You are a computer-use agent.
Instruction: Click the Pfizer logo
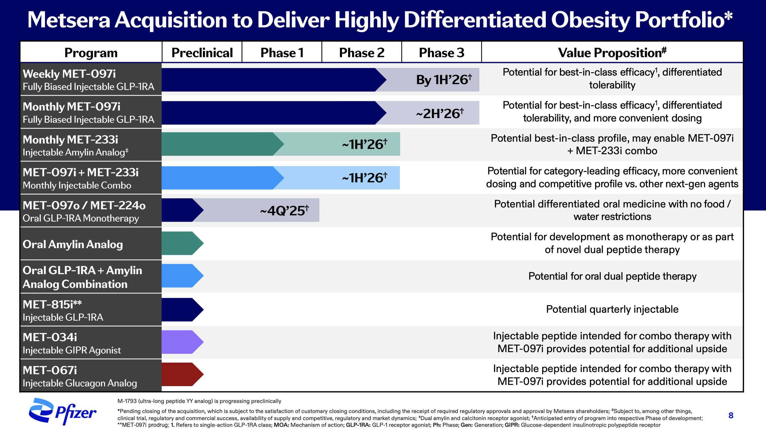63,412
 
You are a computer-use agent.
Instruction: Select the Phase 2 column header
362,53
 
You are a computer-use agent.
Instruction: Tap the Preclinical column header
202,53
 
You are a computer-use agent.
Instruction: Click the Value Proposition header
612,53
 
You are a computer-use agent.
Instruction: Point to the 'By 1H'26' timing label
444,80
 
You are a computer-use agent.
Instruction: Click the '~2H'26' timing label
440,114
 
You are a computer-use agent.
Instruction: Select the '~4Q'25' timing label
284,210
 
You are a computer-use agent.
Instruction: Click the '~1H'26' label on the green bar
364,144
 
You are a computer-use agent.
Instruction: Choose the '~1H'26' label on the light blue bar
364,178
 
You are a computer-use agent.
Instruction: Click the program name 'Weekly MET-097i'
69,74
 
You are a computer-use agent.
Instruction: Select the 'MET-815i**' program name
52,304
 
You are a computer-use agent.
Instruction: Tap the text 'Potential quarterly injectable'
612,309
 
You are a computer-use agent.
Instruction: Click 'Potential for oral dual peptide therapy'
612,276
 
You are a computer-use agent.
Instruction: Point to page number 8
731,415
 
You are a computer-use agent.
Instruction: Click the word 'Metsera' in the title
69,20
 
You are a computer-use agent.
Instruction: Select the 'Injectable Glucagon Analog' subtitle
80,383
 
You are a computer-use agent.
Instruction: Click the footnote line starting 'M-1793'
199,401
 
